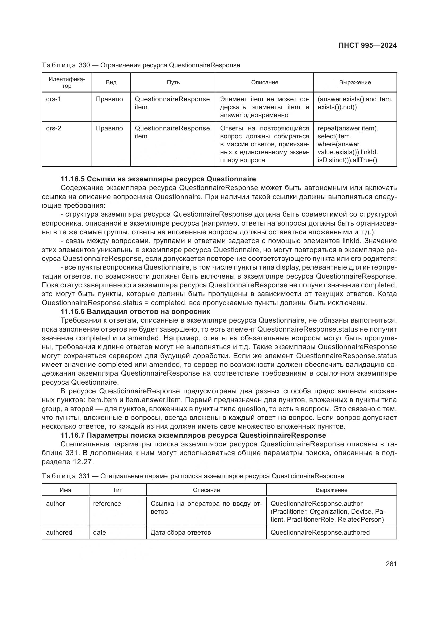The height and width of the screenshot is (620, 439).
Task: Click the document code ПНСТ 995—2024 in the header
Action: (x=367, y=45)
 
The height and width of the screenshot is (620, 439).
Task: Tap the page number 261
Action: (x=391, y=564)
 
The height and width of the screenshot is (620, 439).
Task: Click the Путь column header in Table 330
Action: (x=173, y=82)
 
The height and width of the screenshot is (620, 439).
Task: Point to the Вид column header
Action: (x=111, y=82)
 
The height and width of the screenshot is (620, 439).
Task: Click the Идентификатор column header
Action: (x=67, y=82)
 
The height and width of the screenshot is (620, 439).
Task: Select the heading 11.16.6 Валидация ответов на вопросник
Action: (x=135, y=311)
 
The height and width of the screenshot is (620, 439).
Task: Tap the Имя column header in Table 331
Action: (x=65, y=490)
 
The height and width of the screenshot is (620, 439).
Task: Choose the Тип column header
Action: (x=118, y=490)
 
